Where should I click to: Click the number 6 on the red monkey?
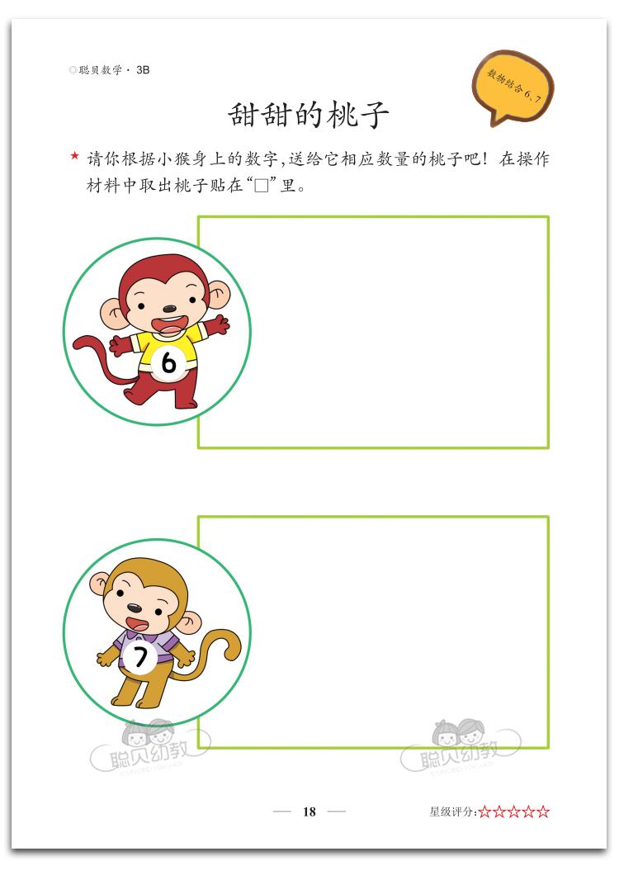point(168,364)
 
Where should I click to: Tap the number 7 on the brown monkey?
point(140,657)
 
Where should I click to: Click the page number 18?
point(309,812)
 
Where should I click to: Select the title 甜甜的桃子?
point(308,115)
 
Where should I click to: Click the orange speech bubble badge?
point(513,87)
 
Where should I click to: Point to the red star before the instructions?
point(75,156)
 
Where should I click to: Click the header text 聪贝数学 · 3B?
point(110,70)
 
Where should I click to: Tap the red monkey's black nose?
point(169,309)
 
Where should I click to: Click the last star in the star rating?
point(543,812)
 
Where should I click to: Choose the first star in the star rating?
point(484,812)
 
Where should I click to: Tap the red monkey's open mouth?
point(169,324)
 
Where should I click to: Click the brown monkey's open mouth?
point(135,622)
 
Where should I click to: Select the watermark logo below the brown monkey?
point(151,748)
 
